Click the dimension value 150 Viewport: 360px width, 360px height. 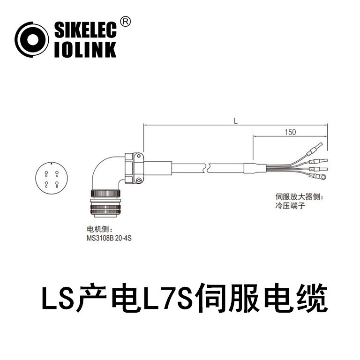tap(290, 133)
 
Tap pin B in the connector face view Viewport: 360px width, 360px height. tap(57, 184)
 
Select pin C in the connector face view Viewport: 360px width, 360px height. tap(46, 184)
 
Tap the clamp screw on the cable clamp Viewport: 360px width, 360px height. tap(139, 180)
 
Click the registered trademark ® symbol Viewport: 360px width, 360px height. tap(126, 22)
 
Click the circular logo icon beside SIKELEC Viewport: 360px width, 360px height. tap(32, 40)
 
